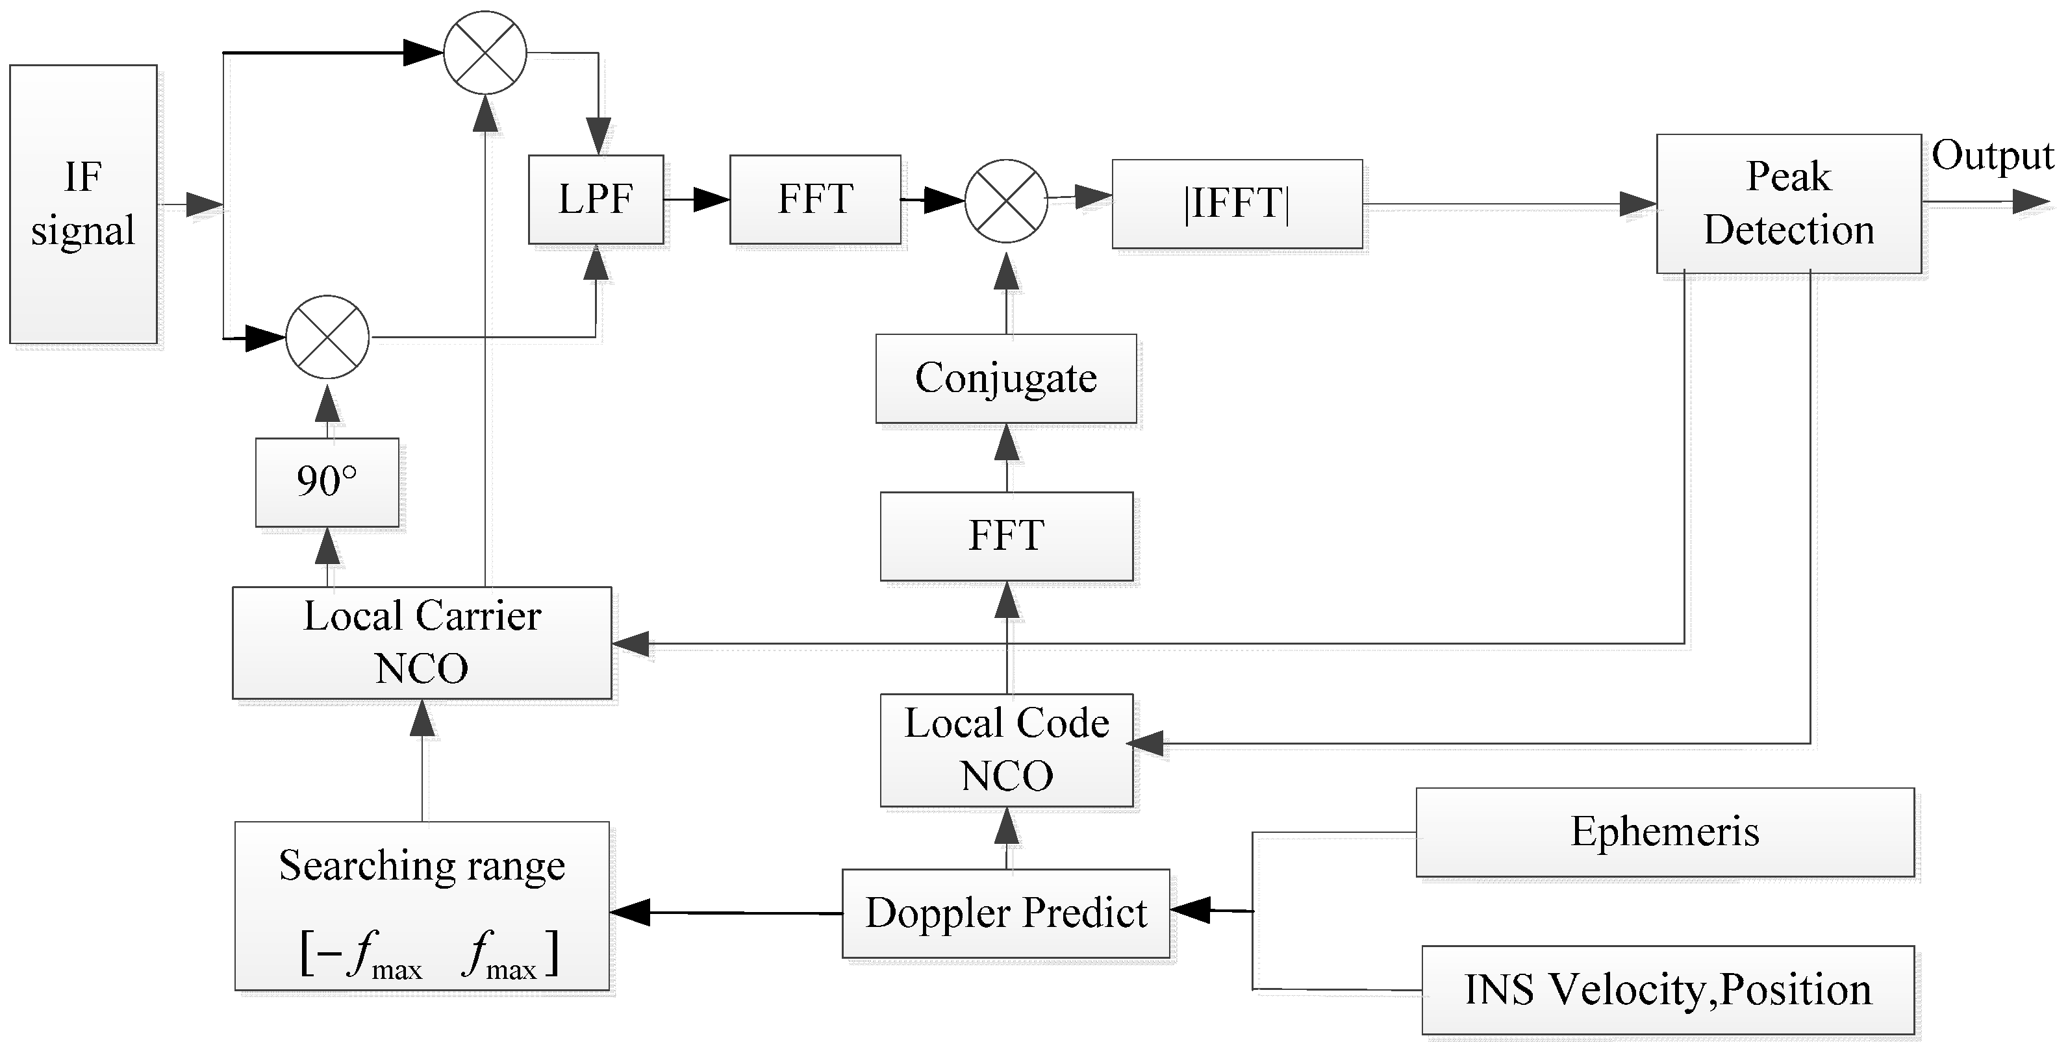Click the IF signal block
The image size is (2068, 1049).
click(x=82, y=204)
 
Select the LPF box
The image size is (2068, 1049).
click(x=596, y=199)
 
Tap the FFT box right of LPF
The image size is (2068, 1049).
click(x=815, y=199)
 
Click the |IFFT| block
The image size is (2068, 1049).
click(x=1236, y=203)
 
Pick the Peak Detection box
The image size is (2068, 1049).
click(x=1789, y=203)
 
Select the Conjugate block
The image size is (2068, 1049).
click(x=1006, y=378)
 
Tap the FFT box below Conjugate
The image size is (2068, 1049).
click(x=1006, y=536)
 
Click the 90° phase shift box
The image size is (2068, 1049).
click(x=327, y=482)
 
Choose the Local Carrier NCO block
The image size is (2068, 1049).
click(x=422, y=642)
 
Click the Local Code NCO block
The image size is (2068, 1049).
click(x=1006, y=750)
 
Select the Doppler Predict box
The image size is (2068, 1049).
click(x=1005, y=913)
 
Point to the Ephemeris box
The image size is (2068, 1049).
click(x=1664, y=832)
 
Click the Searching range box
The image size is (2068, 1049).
click(x=422, y=906)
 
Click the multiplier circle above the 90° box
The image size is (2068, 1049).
click(x=327, y=337)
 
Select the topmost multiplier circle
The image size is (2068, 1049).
click(x=485, y=53)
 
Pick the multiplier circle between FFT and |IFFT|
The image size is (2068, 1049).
click(x=1006, y=201)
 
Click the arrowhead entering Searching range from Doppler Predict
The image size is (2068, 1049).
click(x=630, y=912)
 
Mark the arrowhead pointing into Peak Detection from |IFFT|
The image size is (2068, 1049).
click(x=1637, y=204)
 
